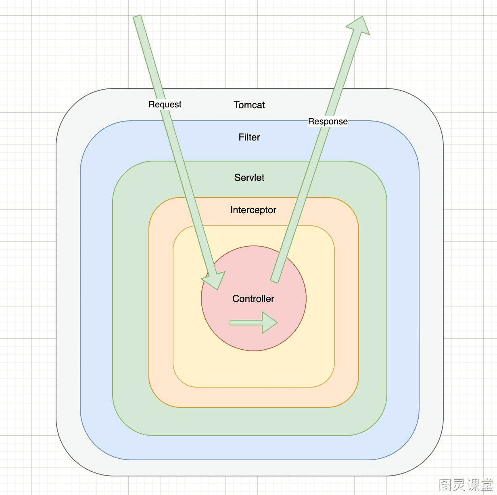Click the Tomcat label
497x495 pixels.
pos(249,105)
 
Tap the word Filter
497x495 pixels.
pos(249,137)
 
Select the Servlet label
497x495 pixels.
pos(249,177)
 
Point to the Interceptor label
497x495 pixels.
pos(253,210)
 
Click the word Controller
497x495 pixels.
pos(253,298)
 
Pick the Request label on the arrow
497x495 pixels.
pos(165,104)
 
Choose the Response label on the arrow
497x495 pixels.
pos(328,122)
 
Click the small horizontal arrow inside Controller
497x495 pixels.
pos(253,323)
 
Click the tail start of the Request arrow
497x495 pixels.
pos(137,17)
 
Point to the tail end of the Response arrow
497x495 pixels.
pos(274,281)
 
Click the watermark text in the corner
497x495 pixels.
pos(466,484)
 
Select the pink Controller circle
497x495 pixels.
pos(254,298)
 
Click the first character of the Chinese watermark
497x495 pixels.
pos(445,485)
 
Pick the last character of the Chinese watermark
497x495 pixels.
pos(487,485)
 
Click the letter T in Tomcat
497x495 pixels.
pos(236,105)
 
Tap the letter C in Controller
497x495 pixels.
pos(236,298)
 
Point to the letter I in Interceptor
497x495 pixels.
pos(231,210)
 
